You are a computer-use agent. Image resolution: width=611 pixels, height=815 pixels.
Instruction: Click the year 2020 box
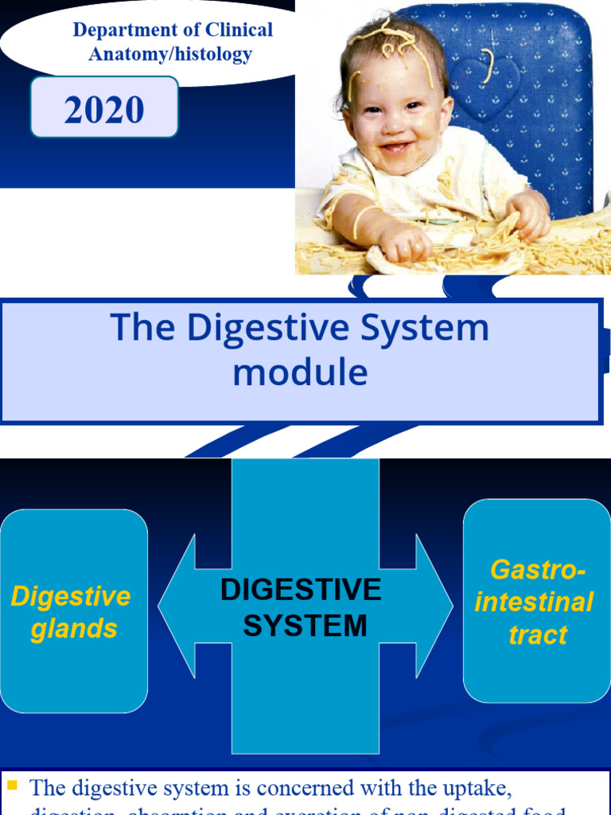104,108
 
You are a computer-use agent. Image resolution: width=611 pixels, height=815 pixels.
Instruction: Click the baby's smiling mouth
395,148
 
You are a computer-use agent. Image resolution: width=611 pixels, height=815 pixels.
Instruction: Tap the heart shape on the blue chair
489,80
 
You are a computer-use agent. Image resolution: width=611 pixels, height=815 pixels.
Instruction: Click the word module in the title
300,372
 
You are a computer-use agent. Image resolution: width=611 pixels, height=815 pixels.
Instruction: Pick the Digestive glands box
74,611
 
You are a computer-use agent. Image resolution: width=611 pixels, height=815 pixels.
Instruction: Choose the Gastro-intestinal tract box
537,601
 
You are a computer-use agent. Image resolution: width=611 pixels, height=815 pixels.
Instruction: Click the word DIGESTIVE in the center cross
301,591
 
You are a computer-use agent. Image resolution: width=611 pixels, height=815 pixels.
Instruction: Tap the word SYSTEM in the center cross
305,626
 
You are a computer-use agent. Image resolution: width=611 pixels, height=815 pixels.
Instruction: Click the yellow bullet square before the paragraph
12,786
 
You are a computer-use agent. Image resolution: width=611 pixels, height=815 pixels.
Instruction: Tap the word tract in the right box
539,635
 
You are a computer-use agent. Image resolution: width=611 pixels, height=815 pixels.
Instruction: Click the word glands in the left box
74,629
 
